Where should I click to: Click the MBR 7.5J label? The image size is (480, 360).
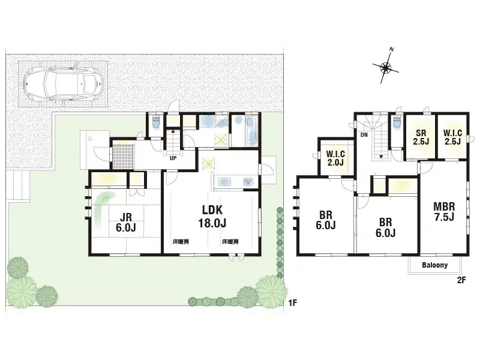pyautogui.click(x=443, y=212)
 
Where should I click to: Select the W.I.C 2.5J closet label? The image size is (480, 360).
pyautogui.click(x=452, y=137)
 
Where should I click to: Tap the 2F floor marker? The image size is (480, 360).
pyautogui.click(x=461, y=279)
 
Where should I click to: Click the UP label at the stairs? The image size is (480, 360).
pyautogui.click(x=173, y=159)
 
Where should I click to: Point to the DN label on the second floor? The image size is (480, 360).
pyautogui.click(x=364, y=136)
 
